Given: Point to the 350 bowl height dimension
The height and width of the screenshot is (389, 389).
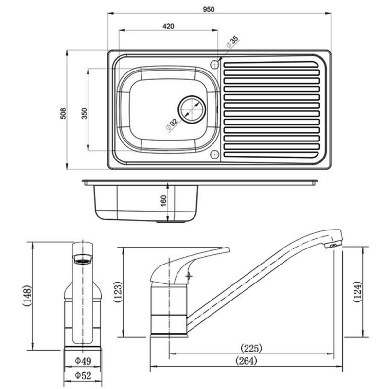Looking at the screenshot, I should coord(84,113).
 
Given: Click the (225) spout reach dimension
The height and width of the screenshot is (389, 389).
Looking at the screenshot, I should coord(251,348).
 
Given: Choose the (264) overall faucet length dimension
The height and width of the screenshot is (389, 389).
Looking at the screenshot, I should coord(245,361).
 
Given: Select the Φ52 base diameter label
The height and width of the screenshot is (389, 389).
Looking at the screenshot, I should coord(84,375).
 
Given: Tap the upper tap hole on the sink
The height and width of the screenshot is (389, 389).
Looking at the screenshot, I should coord(214,63).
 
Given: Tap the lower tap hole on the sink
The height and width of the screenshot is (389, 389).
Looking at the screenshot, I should coord(214,154).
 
